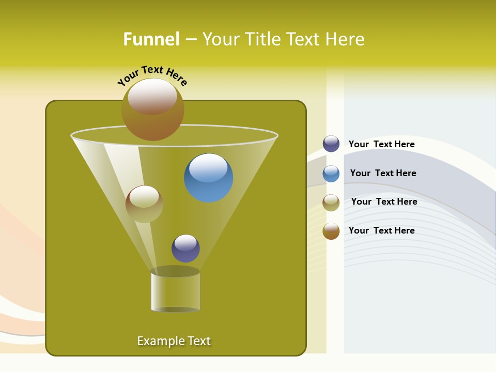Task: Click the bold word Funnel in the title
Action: click(x=151, y=39)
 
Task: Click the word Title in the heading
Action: click(x=261, y=39)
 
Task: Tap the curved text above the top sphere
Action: click(x=152, y=74)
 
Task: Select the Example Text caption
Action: click(x=174, y=341)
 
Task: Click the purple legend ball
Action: click(x=331, y=144)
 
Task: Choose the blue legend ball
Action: click(x=331, y=174)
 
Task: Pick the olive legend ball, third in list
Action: click(x=331, y=203)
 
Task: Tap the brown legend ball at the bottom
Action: click(x=331, y=231)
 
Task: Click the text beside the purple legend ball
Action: click(x=381, y=144)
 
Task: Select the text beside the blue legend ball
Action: click(x=383, y=173)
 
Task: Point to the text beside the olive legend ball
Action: click(x=384, y=202)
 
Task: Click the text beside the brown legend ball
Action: click(x=381, y=230)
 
